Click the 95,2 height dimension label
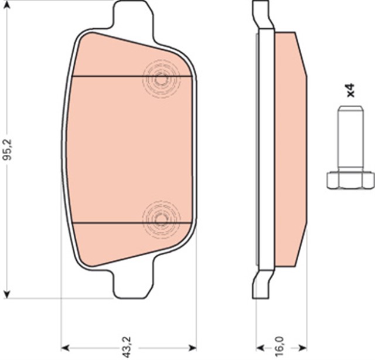7,150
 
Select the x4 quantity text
350,90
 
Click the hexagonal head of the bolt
350,179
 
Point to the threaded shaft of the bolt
350,138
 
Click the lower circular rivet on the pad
162,219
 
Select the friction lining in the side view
290,150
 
